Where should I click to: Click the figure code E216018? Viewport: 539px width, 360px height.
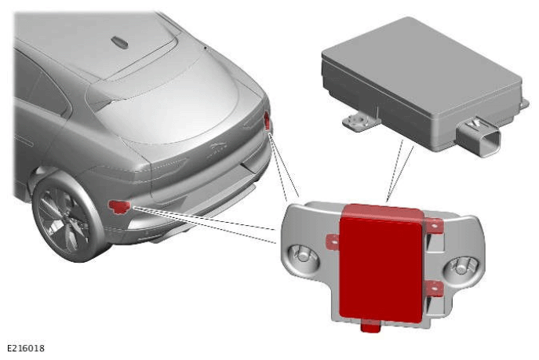tap(26, 348)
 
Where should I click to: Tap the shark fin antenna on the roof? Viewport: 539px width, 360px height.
tap(119, 42)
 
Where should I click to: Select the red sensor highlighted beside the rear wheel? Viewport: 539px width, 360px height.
tap(119, 206)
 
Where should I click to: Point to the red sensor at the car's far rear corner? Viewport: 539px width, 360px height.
tap(267, 121)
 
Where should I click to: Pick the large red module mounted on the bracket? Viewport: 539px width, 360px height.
tap(381, 264)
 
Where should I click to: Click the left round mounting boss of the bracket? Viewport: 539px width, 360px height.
tap(303, 256)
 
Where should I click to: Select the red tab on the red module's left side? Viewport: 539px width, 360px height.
tap(333, 241)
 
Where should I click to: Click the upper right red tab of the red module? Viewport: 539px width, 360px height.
tap(435, 226)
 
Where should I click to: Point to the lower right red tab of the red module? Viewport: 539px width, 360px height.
tap(434, 289)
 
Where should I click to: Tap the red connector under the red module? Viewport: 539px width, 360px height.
tap(370, 326)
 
